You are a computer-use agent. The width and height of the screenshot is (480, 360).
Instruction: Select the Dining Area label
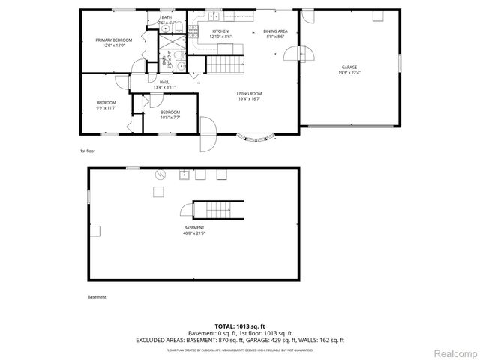(274, 31)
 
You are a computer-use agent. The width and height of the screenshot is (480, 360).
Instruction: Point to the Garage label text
(350, 67)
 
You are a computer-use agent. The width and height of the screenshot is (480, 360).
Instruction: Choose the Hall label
(163, 82)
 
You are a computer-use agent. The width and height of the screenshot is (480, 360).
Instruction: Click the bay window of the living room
(256, 137)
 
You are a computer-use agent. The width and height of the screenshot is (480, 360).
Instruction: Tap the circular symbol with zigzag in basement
(160, 175)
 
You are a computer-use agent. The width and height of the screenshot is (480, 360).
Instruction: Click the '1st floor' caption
(88, 151)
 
